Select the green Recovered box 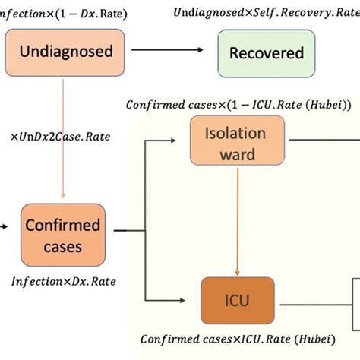[x=266, y=52]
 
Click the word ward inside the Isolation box [x=236, y=156]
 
